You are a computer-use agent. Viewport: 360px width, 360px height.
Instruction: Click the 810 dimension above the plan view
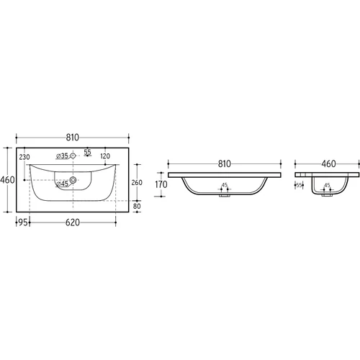tap(73, 138)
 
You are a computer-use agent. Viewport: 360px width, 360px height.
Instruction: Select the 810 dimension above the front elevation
tap(225, 164)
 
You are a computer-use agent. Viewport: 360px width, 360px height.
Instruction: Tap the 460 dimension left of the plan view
tap(7, 180)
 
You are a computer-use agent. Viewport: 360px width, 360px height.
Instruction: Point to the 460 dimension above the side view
tap(328, 164)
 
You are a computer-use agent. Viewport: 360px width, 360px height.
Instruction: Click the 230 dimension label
tap(24, 157)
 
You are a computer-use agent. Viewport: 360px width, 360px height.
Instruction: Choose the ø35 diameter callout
tap(62, 156)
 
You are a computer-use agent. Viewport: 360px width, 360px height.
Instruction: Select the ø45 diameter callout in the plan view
tap(62, 184)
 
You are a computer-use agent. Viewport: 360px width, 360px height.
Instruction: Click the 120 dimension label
tap(105, 156)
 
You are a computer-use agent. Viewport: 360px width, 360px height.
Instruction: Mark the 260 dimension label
tap(137, 183)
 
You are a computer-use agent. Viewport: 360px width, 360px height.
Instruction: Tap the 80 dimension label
tap(137, 206)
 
